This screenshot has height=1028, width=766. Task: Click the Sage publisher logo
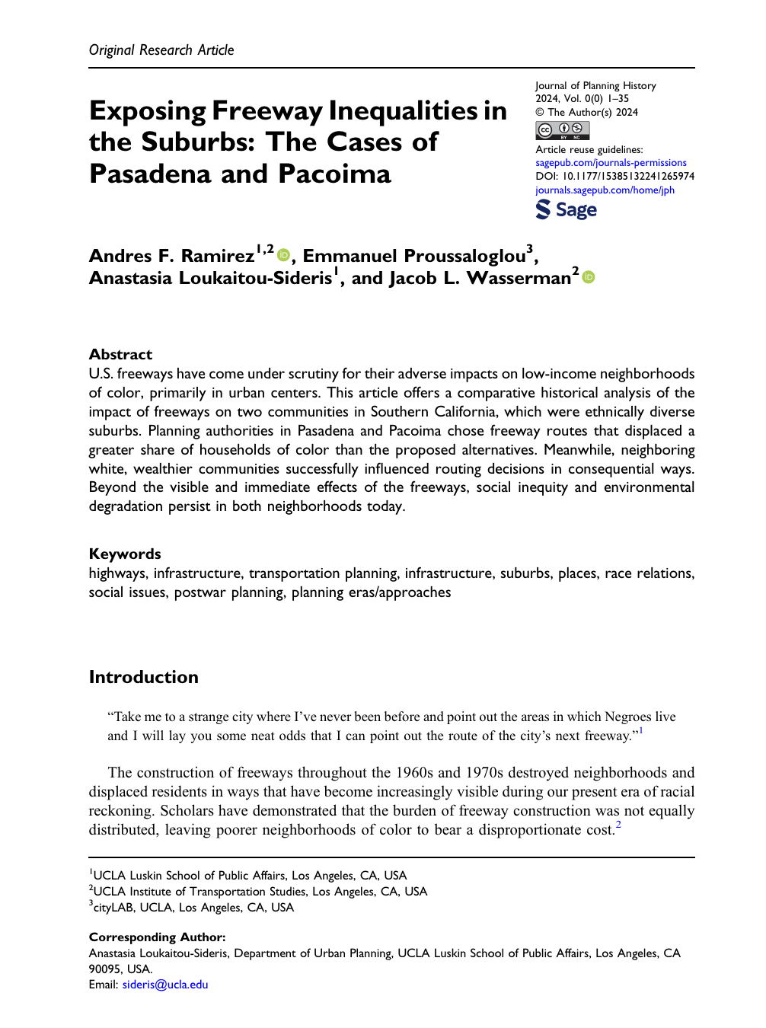(x=566, y=209)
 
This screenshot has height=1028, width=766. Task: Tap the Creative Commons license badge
(x=562, y=130)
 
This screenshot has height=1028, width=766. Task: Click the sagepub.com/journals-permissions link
(x=611, y=163)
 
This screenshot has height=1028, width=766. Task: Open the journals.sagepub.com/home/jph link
(x=605, y=190)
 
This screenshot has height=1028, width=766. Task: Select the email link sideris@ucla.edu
(x=165, y=985)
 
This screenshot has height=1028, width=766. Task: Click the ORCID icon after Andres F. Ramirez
(x=284, y=255)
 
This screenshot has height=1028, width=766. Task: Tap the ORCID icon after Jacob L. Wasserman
(x=588, y=277)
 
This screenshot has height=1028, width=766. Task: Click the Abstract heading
(x=120, y=354)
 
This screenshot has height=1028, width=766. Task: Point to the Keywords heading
(x=125, y=554)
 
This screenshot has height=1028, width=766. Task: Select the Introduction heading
(x=143, y=677)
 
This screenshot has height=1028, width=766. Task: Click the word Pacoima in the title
(x=334, y=174)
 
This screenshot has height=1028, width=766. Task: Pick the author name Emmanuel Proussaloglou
(x=414, y=256)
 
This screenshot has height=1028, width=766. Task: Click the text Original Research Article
(x=161, y=50)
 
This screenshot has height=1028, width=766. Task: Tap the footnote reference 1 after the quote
(x=640, y=731)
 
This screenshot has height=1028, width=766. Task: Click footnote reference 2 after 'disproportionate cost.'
(x=618, y=825)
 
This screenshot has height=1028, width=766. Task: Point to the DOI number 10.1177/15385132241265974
(x=628, y=176)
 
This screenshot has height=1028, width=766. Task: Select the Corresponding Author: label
(x=157, y=937)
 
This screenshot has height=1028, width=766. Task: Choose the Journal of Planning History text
(x=595, y=86)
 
